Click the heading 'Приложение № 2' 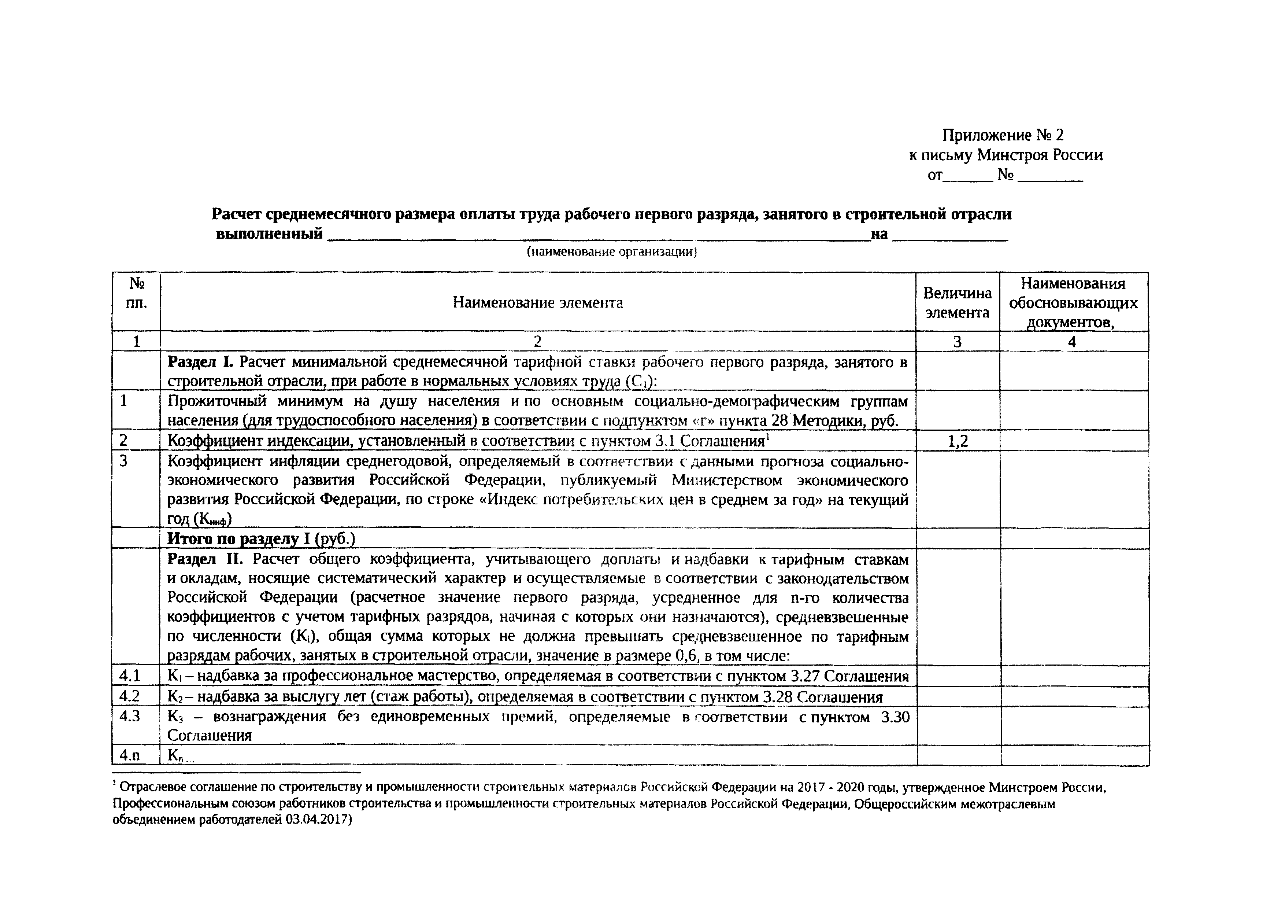[1003, 135]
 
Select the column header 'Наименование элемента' [537, 303]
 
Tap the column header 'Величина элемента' [957, 303]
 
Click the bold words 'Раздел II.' [205, 559]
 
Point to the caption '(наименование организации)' [611, 252]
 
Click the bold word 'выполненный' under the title [269, 233]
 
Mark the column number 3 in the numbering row [957, 342]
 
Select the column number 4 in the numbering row [1072, 342]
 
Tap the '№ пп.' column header [137, 294]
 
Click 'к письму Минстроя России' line [1006, 155]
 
